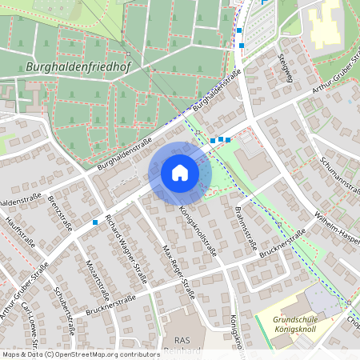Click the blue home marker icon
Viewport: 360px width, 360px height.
pyautogui.click(x=180, y=173)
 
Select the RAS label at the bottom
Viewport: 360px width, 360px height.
pyautogui.click(x=182, y=339)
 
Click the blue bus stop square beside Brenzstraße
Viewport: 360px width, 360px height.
pyautogui.click(x=95, y=222)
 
